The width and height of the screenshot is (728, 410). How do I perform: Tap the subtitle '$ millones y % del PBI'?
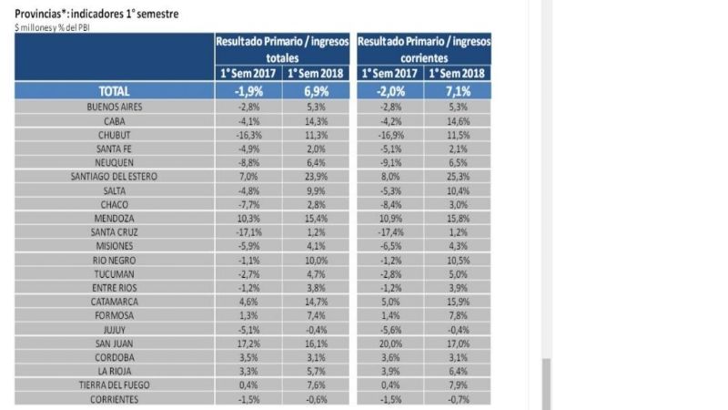(52, 26)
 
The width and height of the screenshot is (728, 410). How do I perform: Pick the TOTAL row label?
(114, 91)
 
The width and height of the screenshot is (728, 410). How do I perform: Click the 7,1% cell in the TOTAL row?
(459, 91)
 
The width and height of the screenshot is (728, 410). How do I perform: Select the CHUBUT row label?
(114, 134)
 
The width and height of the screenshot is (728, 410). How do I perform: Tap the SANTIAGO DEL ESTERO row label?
(114, 177)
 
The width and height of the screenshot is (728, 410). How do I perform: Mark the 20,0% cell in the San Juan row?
(389, 343)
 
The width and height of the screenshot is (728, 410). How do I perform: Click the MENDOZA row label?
(114, 219)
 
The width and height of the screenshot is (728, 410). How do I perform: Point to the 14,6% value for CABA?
(459, 120)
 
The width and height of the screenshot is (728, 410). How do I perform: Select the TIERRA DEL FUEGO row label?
(114, 385)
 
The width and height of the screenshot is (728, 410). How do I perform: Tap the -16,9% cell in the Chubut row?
(389, 134)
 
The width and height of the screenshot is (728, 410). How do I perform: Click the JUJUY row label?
(114, 330)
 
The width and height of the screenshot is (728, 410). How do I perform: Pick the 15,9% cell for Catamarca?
(459, 302)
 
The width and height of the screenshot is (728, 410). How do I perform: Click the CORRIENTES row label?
(114, 399)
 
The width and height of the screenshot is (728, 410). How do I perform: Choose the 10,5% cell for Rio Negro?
(459, 261)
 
